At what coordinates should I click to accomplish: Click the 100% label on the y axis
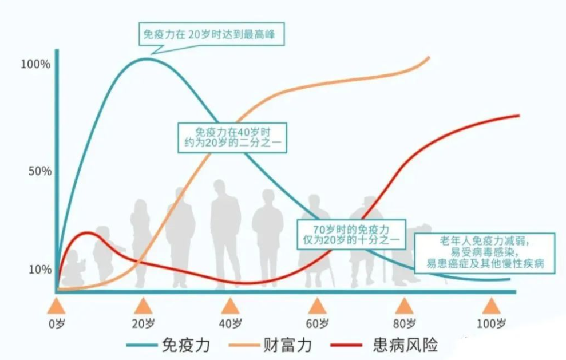pyautogui.click(x=36, y=64)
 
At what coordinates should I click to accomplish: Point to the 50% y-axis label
pyautogui.click(x=39, y=171)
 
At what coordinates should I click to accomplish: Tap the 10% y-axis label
pyautogui.click(x=39, y=269)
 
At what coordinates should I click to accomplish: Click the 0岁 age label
pyautogui.click(x=56, y=323)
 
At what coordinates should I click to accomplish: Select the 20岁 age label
pyautogui.click(x=143, y=323)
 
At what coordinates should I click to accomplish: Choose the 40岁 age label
pyautogui.click(x=230, y=323)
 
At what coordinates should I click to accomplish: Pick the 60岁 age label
pyautogui.click(x=317, y=323)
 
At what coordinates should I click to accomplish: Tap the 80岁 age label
pyautogui.click(x=404, y=323)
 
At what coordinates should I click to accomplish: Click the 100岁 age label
pyautogui.click(x=492, y=323)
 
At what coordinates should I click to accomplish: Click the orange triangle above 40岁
pyautogui.click(x=230, y=306)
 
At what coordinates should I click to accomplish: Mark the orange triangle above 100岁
pyautogui.click(x=491, y=306)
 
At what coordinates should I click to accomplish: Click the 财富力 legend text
pyautogui.click(x=287, y=345)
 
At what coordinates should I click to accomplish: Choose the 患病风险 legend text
pyautogui.click(x=405, y=345)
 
